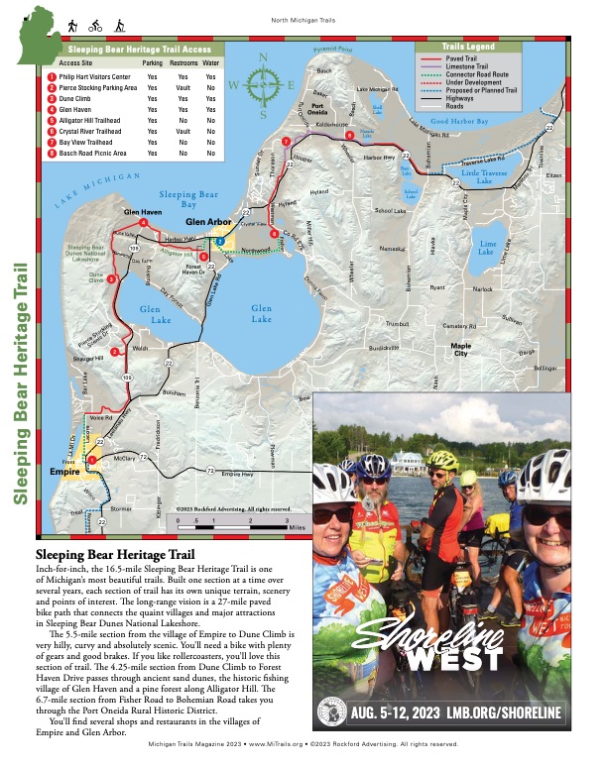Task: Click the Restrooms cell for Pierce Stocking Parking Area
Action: (x=182, y=87)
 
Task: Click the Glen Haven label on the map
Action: (x=143, y=212)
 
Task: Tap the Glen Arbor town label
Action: (x=209, y=222)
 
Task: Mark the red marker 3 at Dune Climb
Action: (x=111, y=280)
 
